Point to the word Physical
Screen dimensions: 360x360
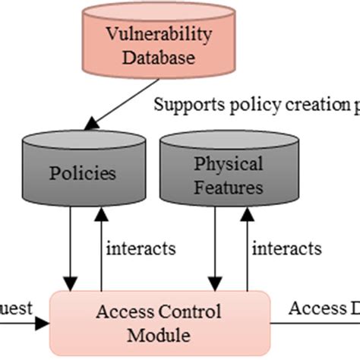pyautogui.click(x=229, y=163)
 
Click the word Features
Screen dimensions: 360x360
pyautogui.click(x=229, y=186)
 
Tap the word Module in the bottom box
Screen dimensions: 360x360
pyautogui.click(x=159, y=334)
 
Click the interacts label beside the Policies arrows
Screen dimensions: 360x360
pyautogui.click(x=141, y=248)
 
